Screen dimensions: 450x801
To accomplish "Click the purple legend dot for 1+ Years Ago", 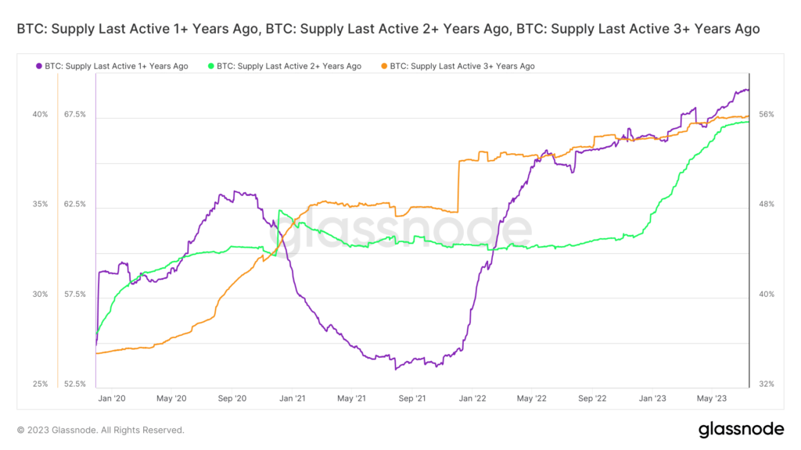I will point(38,66).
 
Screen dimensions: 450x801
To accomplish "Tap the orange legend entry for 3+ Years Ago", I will point(462,66).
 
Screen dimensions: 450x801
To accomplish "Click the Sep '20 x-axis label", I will point(232,398).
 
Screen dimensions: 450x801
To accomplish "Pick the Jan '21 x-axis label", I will point(292,398).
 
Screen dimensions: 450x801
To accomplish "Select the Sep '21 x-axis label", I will point(412,398).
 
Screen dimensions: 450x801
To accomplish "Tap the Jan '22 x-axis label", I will point(472,398).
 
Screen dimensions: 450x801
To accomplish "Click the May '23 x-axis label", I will point(710,398).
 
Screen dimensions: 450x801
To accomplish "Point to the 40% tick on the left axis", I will point(40,115).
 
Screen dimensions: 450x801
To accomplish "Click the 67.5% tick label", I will point(74,115).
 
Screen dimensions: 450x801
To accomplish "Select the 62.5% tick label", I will point(74,205).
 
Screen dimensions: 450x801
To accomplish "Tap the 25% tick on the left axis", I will point(40,384).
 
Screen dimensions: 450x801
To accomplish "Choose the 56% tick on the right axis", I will point(767,115).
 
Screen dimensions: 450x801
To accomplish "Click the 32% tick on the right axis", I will point(767,384).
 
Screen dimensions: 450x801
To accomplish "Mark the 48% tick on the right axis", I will point(767,205).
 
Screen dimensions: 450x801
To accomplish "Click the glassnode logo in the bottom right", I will point(740,429).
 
